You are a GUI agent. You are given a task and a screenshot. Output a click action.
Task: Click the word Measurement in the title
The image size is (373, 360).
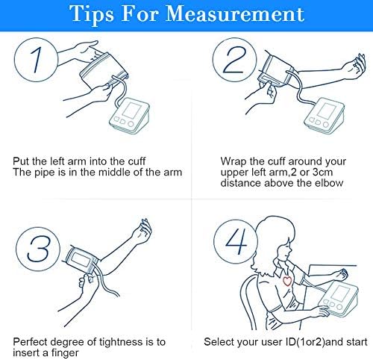click(x=235, y=13)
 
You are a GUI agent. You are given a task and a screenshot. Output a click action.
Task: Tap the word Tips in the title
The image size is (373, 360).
click(x=91, y=15)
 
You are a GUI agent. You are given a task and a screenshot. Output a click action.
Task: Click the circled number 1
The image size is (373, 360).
click(x=37, y=60)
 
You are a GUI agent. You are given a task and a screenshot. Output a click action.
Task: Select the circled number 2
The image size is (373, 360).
click(x=234, y=60)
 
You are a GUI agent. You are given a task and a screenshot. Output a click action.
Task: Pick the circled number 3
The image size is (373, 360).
click(x=38, y=249)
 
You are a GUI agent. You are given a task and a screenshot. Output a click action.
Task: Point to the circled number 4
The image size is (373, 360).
click(x=236, y=241)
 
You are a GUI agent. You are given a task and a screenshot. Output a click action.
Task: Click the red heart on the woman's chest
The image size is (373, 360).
click(x=287, y=281)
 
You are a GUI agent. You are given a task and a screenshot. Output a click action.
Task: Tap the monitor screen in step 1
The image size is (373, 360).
click(x=132, y=111)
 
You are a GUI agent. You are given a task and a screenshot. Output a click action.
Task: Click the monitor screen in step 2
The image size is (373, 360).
click(x=327, y=111)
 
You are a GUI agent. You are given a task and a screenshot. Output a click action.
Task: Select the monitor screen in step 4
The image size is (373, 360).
click(x=340, y=293)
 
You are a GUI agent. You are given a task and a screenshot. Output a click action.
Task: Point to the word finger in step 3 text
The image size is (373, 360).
click(x=65, y=353)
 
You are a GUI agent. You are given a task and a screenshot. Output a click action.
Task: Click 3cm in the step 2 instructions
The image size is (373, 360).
click(x=322, y=173)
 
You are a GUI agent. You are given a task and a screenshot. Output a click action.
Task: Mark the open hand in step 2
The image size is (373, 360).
click(x=355, y=66)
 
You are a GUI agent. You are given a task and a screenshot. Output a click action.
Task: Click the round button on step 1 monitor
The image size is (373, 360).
click(x=131, y=124)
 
